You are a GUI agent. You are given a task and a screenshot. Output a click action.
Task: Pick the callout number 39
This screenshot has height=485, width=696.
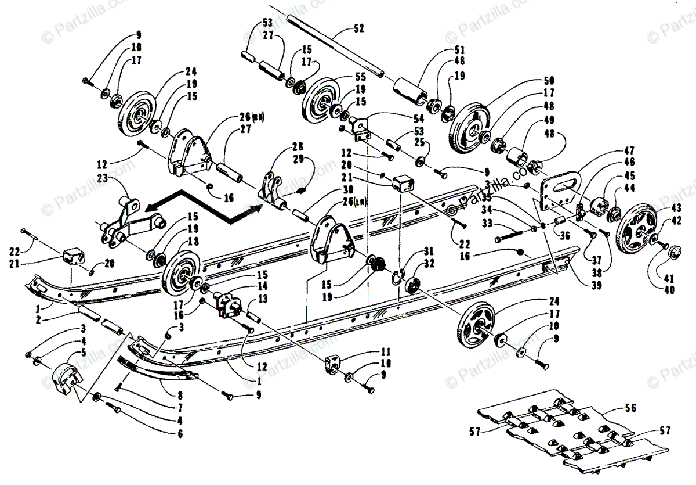pyautogui.click(x=596, y=285)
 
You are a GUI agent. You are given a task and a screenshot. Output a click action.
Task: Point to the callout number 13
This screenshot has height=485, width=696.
pyautogui.click(x=264, y=300)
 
